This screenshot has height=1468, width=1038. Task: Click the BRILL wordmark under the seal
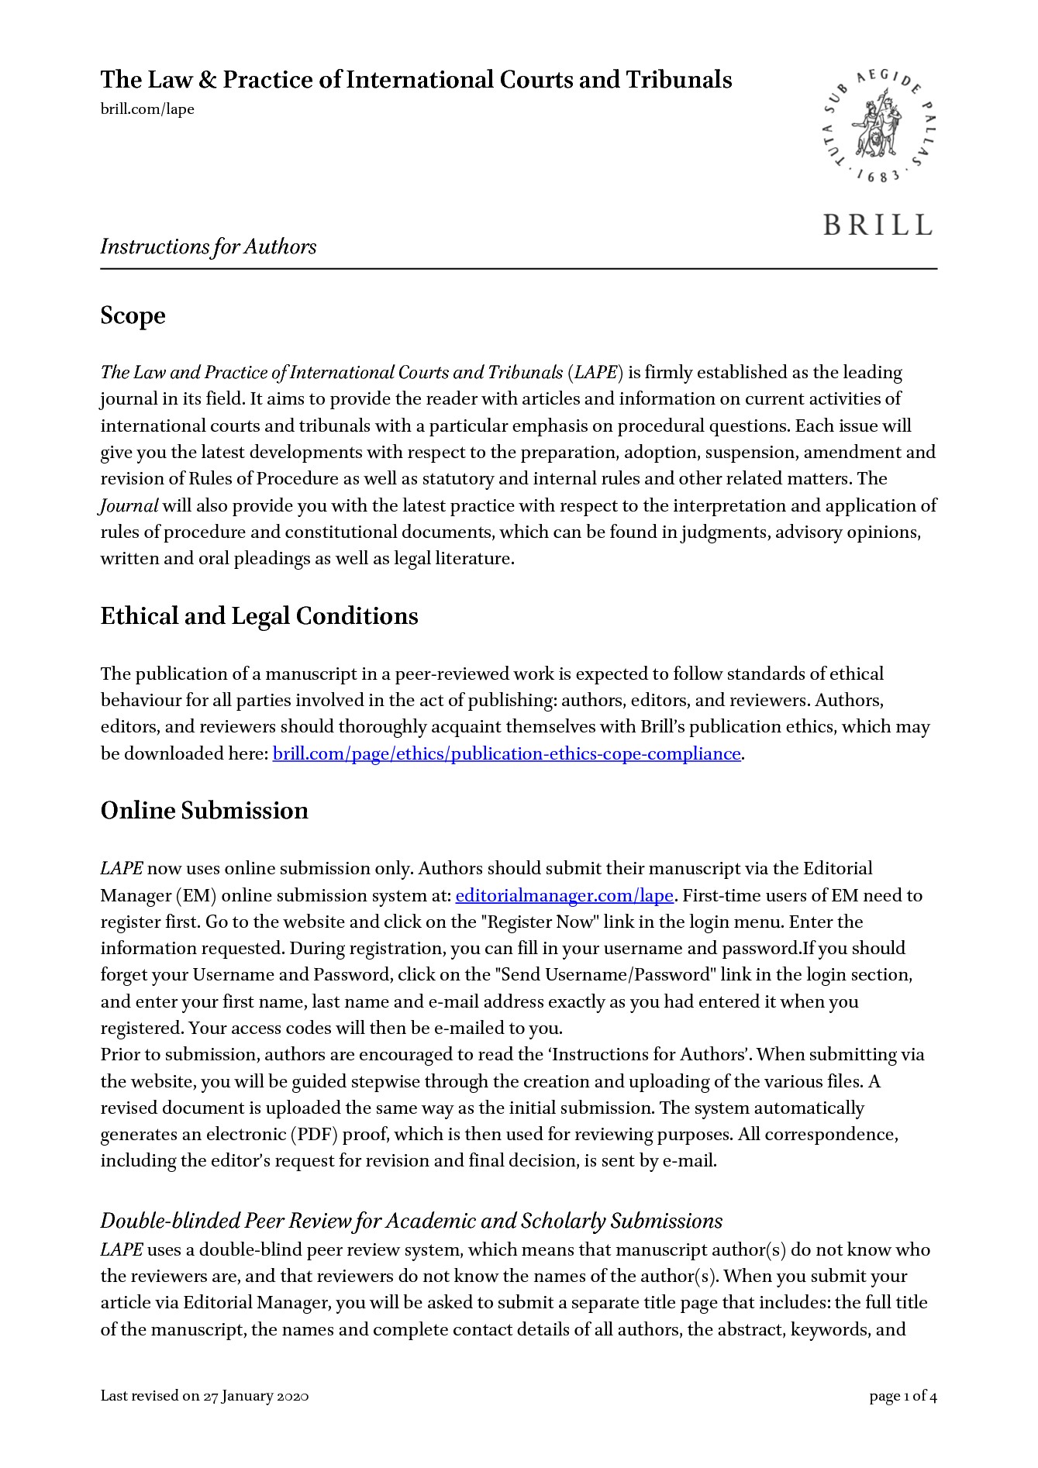click(878, 225)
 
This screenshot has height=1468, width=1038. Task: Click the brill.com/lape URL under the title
click(147, 109)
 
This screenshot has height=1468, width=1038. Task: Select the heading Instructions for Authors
click(209, 246)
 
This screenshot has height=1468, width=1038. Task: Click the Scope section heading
click(133, 315)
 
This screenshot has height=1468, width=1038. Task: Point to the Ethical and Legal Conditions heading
click(259, 616)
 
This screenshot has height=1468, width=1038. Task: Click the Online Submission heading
click(205, 811)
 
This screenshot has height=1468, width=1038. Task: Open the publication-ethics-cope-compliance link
click(507, 753)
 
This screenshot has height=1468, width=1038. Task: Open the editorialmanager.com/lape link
click(564, 895)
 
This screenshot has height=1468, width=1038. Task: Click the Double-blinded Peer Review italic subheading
click(412, 1221)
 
